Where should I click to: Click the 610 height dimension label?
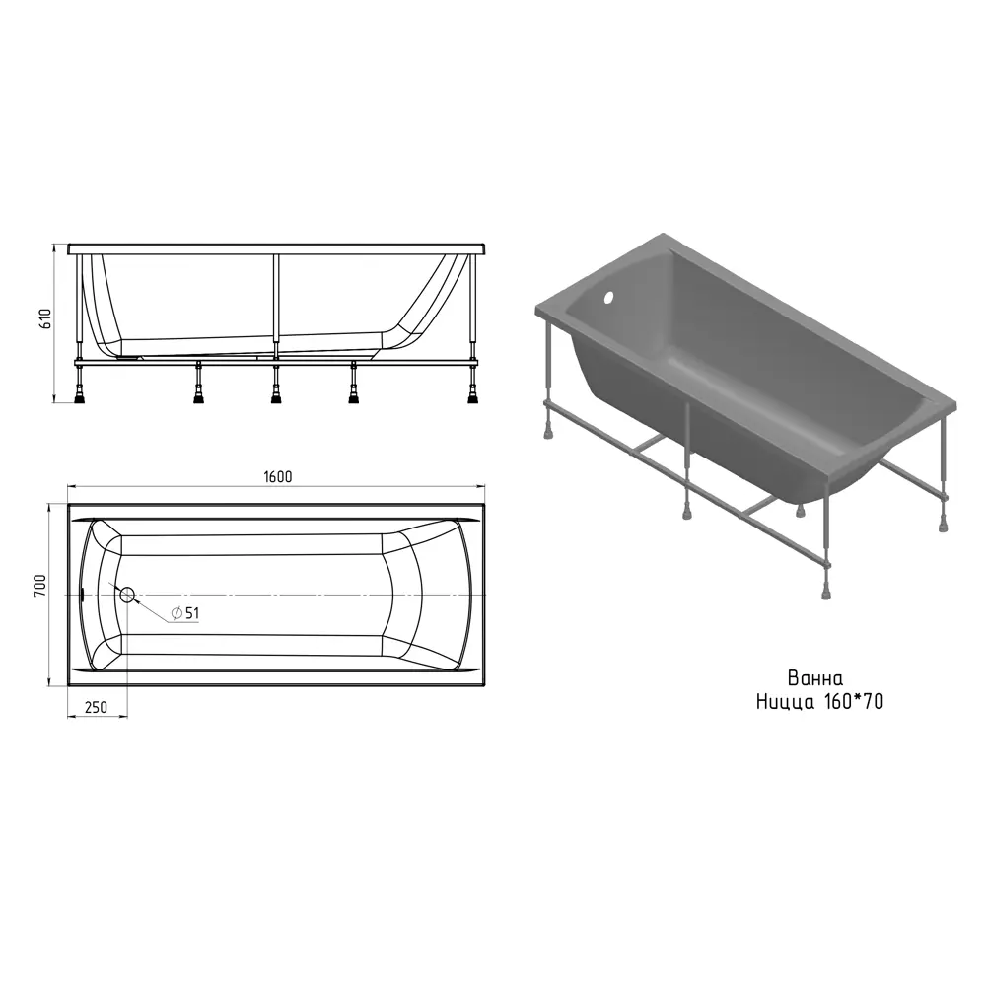click(44, 319)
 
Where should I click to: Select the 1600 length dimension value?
click(277, 476)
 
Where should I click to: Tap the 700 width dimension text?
click(40, 586)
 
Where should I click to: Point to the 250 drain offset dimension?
click(96, 707)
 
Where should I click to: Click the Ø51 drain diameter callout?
click(185, 613)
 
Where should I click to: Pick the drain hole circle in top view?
click(127, 595)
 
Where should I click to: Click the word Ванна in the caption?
click(815, 678)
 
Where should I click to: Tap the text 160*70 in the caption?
click(853, 701)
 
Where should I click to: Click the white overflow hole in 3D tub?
click(608, 299)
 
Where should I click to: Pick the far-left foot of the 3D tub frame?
click(548, 432)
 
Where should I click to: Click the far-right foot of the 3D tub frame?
click(943, 525)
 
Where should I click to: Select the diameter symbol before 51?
click(176, 613)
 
